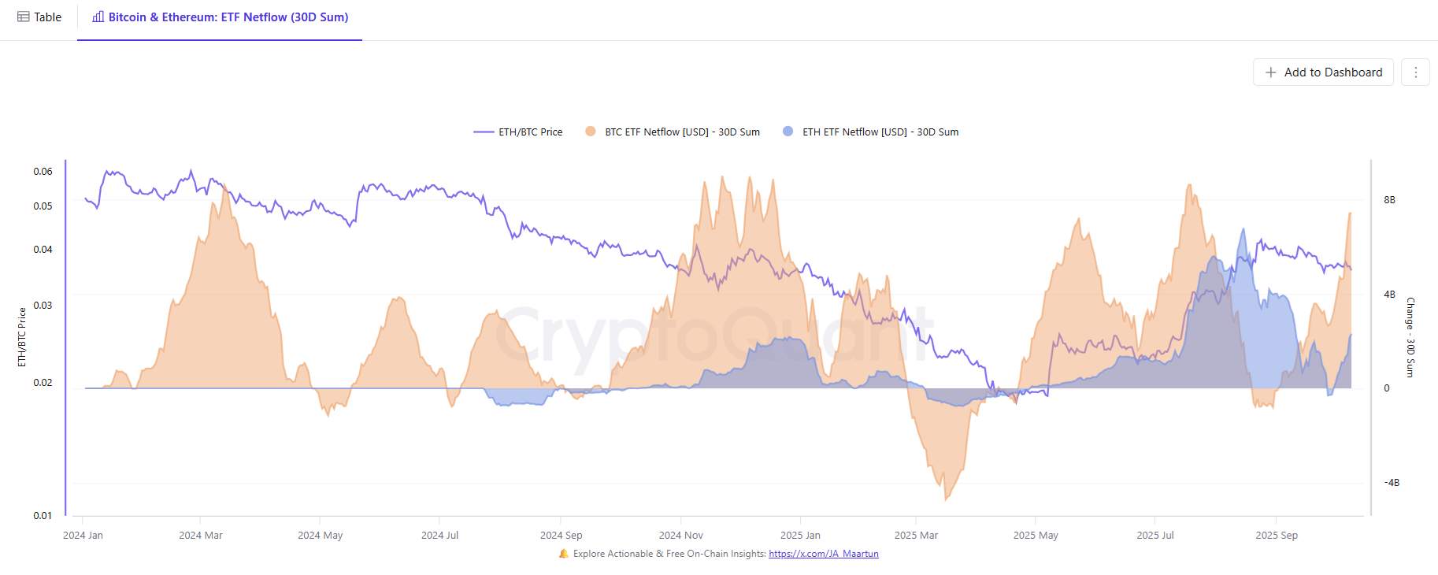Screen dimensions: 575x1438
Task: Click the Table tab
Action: (39, 17)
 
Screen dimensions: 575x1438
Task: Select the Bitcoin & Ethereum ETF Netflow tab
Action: (221, 17)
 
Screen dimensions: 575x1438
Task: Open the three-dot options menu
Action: (1415, 72)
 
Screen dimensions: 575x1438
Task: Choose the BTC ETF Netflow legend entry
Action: (673, 132)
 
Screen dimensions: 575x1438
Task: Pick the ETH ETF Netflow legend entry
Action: (871, 132)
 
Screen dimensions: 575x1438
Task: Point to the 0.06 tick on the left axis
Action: (43, 172)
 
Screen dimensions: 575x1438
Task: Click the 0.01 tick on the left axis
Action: (43, 516)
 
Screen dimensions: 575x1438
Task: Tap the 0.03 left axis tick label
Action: (43, 306)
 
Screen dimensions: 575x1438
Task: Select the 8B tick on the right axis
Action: (1389, 200)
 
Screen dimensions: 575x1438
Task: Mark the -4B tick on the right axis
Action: (1392, 483)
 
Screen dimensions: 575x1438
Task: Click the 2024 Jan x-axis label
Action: (83, 536)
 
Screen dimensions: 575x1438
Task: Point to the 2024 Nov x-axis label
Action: (680, 536)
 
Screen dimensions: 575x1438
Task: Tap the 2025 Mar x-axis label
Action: (916, 536)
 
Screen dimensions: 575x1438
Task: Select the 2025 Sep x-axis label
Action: (1277, 536)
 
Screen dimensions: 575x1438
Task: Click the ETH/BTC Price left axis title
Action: (22, 337)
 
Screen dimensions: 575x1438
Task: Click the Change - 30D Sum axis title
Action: (1410, 337)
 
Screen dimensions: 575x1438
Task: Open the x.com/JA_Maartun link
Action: (823, 554)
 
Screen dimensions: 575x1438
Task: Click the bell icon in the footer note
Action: (564, 554)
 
